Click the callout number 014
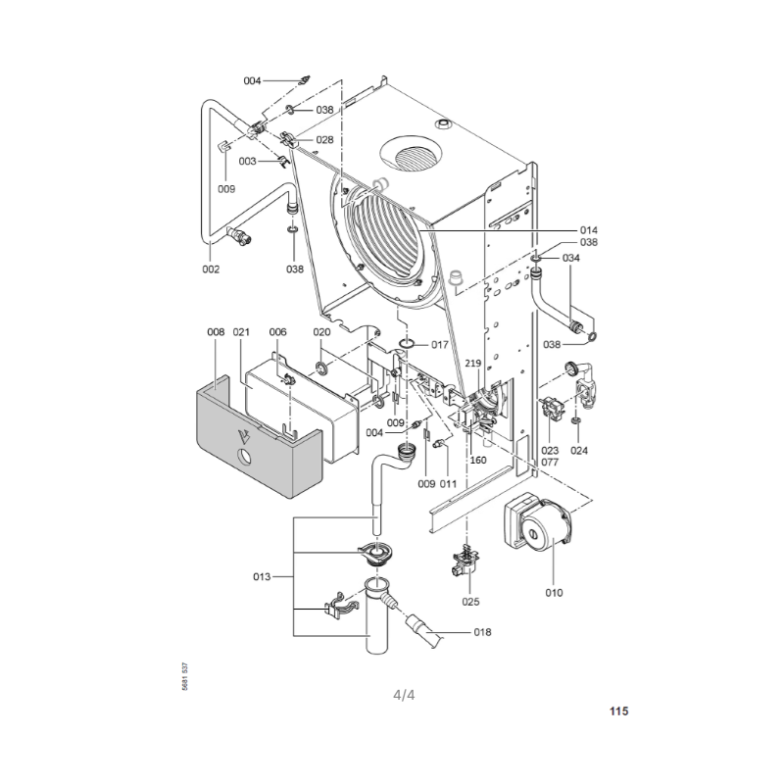(x=589, y=230)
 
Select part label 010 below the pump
(x=554, y=593)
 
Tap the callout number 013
(x=262, y=576)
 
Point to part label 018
(x=482, y=632)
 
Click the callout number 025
(x=470, y=602)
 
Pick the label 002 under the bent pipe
(x=211, y=269)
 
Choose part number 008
(x=216, y=332)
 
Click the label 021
(x=241, y=332)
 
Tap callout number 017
(x=440, y=345)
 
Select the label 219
(x=473, y=364)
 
